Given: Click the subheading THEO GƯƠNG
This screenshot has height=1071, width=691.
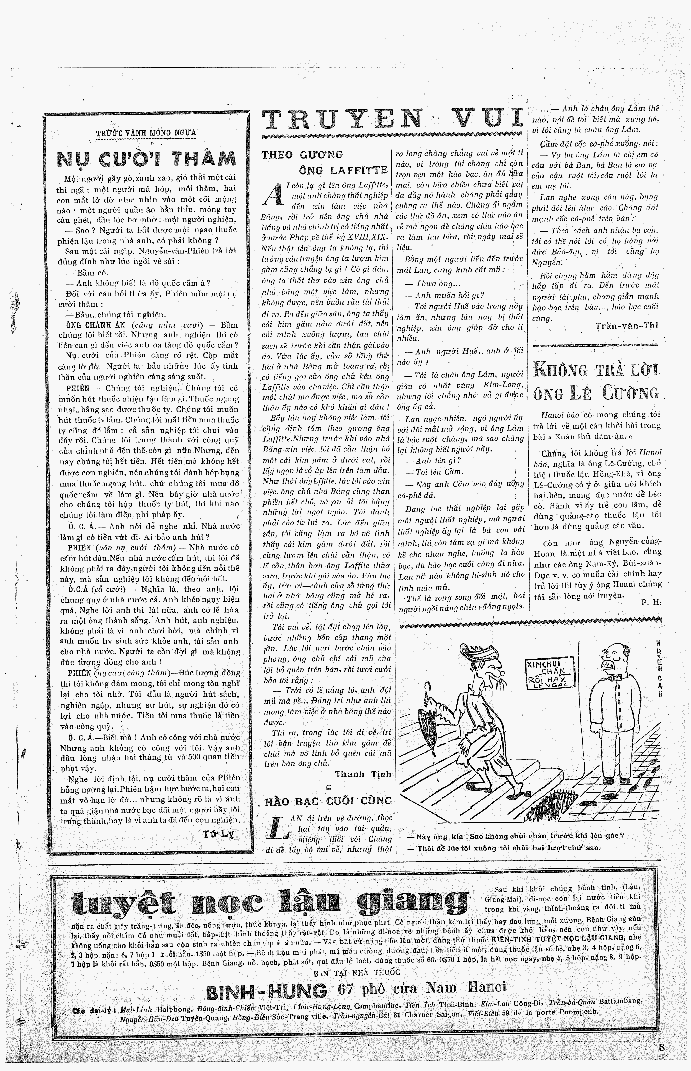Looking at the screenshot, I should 302,155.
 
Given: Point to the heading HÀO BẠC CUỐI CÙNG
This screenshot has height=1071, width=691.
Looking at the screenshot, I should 328,801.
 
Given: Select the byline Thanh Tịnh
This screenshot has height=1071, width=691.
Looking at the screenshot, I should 363,774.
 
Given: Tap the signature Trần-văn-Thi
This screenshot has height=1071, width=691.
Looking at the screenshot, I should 626,325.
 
